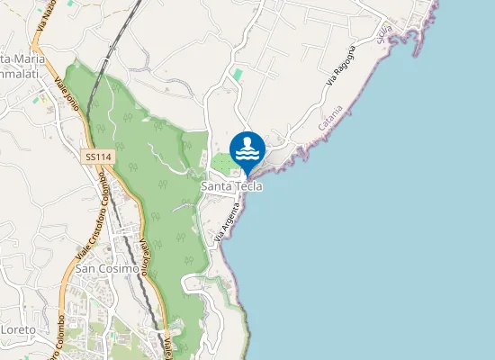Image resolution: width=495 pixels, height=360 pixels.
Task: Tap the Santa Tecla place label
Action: click(231, 186)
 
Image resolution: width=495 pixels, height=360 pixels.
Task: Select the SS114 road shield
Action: click(98, 157)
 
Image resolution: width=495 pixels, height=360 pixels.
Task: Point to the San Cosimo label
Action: click(107, 268)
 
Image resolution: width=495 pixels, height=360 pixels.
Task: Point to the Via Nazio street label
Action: click(46, 18)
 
